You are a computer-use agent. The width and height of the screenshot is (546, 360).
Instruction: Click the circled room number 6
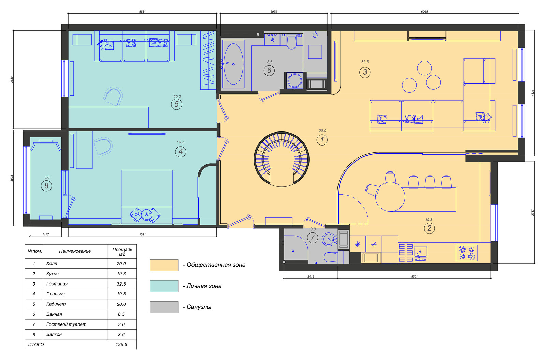pos(269,71)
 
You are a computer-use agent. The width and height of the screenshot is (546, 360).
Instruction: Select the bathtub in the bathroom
pos(233,64)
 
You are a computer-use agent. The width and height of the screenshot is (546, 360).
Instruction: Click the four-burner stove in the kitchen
pos(466,253)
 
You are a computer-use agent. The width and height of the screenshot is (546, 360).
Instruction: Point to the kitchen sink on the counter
pos(420,253)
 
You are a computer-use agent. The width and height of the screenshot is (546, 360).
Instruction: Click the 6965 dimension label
pos(425,12)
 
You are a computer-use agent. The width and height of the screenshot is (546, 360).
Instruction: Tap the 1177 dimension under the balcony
pos(46,234)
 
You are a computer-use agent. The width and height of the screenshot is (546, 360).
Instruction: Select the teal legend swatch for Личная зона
pos(164,286)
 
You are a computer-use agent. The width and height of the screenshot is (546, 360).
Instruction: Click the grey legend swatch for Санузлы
pos(164,307)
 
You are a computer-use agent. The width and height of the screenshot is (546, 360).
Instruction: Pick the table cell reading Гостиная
pos(57,284)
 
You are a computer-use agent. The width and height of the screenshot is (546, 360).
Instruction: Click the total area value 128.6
pos(121,345)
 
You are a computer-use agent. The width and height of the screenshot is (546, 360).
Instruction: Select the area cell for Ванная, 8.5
pos(121,314)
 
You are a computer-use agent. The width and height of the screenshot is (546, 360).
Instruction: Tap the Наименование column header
pos(75,251)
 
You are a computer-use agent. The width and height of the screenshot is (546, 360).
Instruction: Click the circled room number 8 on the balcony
pos(46,186)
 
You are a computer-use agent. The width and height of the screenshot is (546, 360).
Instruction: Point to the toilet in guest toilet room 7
pos(330,257)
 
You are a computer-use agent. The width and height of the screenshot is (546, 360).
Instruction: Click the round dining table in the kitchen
pos(390,197)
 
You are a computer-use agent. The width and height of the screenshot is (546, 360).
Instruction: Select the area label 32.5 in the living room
pos(365,62)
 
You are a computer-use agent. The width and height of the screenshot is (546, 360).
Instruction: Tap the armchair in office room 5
pos(113,96)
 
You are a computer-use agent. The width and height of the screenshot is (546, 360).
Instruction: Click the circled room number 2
pos(429,228)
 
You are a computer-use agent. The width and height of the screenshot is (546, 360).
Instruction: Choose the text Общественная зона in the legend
pos(216,265)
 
